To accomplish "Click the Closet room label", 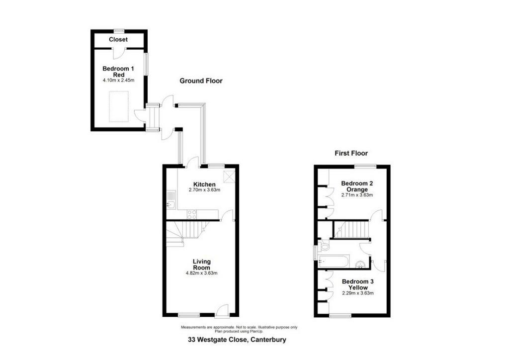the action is pyautogui.click(x=118, y=40).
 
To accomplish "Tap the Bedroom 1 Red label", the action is pyautogui.click(x=118, y=72).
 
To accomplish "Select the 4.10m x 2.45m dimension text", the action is pyautogui.click(x=118, y=80).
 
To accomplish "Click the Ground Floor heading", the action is pyautogui.click(x=201, y=81).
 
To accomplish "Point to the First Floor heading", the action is pyautogui.click(x=351, y=153).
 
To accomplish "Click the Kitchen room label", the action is pyautogui.click(x=204, y=184).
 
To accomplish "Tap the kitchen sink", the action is pyautogui.click(x=171, y=200).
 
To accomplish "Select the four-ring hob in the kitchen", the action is pyautogui.click(x=192, y=214).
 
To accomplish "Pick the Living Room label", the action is pyautogui.click(x=202, y=265).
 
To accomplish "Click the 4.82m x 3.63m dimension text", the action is pyautogui.click(x=202, y=273).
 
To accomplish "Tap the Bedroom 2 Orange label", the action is pyautogui.click(x=357, y=186).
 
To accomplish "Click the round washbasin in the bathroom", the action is pyautogui.click(x=361, y=265).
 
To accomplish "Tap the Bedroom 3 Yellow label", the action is pyautogui.click(x=358, y=284).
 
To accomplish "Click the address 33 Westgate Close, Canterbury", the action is pyautogui.click(x=237, y=340).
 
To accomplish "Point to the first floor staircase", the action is pyautogui.click(x=352, y=229).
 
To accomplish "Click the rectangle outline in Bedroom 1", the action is pyautogui.click(x=118, y=106).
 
